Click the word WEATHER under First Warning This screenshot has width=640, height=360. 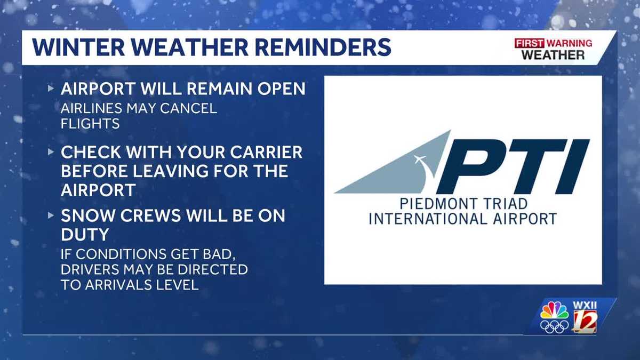pos(553,54)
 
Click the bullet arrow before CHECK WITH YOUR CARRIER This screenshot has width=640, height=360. pos(51,153)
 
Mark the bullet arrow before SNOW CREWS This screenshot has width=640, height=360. pos(51,216)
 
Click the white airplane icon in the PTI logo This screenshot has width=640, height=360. pos(420,160)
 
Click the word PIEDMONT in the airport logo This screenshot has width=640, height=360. pos(423,204)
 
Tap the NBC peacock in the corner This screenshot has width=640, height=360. pos(555,311)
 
